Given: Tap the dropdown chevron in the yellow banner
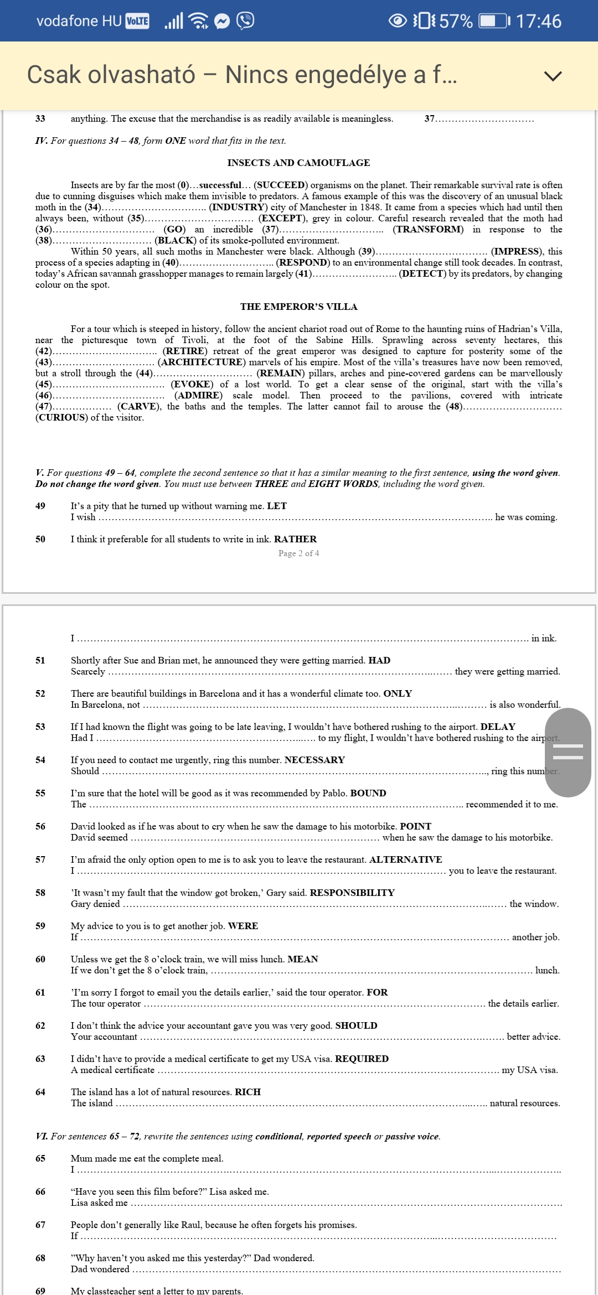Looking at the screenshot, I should point(553,76).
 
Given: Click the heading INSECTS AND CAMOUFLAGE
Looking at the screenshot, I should point(298,163).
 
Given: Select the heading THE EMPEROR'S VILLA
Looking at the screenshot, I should point(298,307).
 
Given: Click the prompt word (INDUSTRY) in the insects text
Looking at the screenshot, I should point(238,207).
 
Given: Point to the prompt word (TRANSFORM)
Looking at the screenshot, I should point(428,229).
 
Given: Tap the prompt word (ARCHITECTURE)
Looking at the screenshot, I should point(202,362).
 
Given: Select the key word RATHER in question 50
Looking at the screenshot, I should point(295,539).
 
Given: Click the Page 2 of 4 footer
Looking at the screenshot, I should point(298,553).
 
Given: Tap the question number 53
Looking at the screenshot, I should point(40,727).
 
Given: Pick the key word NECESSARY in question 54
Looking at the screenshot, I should point(315,760).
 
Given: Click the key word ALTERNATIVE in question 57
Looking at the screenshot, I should point(405,859).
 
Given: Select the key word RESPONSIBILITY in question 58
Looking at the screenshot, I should point(352,893).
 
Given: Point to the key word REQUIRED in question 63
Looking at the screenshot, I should point(362,1059).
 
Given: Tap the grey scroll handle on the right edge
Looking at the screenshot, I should point(568,752).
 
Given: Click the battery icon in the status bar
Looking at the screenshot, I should point(493,21).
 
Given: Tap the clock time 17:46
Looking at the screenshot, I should point(538,21).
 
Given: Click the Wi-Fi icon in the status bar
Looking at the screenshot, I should point(198,21).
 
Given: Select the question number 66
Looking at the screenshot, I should point(40,1192).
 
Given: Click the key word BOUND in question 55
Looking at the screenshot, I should point(368,793).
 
